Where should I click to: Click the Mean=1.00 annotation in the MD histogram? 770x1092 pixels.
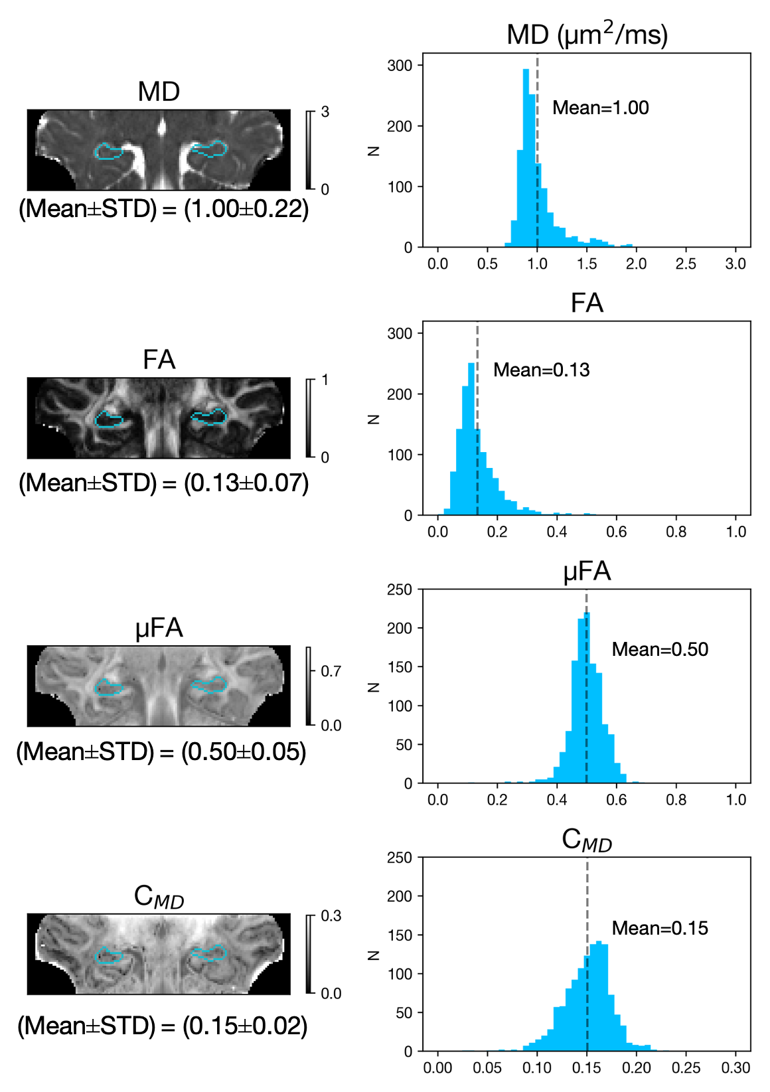600,108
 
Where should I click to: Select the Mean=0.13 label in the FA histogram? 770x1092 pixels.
541,370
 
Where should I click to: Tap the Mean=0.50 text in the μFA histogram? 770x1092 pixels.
660,649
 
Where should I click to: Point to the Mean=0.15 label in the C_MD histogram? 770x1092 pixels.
660,928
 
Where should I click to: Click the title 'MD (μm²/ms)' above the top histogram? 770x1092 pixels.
587,35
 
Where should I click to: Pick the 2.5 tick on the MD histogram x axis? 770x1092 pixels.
686,264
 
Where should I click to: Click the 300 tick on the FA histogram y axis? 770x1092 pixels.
400,334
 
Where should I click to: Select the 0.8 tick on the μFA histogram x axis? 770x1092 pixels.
676,800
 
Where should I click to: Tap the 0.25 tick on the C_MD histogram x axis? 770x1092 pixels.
686,1068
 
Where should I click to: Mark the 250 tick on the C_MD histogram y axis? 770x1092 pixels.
400,858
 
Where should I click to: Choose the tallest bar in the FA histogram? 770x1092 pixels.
472,438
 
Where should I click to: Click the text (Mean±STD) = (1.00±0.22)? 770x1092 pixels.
163,209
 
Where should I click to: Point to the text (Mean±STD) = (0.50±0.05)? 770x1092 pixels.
161,752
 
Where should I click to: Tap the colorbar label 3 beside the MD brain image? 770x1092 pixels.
325,112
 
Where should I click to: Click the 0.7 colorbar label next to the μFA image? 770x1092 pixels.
331,671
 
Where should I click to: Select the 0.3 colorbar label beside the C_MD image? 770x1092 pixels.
331,916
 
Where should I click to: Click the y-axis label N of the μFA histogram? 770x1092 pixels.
374,687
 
